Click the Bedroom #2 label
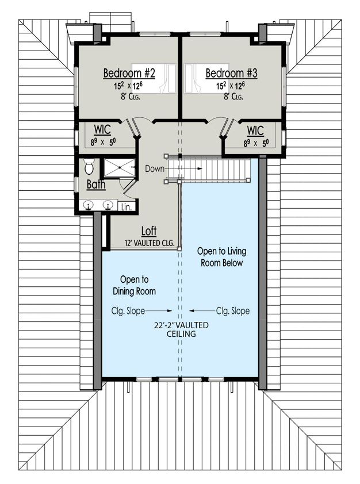(129, 74)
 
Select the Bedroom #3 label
(232, 74)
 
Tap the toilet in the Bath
(89, 167)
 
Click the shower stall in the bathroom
(117, 169)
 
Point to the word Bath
(95, 185)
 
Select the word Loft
(149, 231)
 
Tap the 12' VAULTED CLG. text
(150, 243)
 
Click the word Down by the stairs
(155, 169)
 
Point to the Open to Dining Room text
(135, 285)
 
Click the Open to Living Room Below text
(220, 257)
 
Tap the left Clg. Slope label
(128, 311)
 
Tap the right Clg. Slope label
(233, 311)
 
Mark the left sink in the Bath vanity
(89, 205)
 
